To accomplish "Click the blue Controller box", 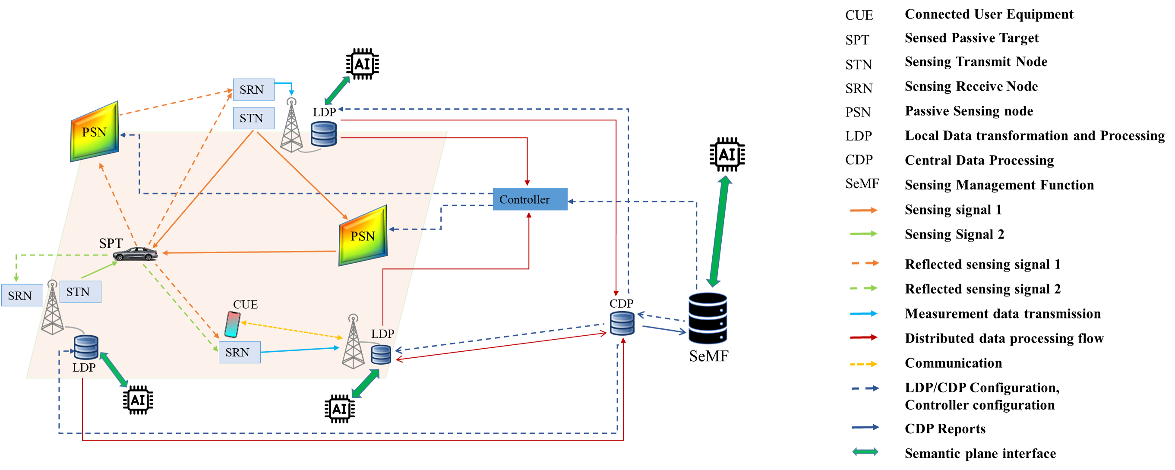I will pos(530,199).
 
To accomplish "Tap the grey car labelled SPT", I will pos(136,253).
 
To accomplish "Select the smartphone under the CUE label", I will pos(232,324).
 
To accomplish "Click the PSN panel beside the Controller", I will pos(363,236).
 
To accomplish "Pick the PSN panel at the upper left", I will pos(95,132).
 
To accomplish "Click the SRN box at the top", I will pos(253,89).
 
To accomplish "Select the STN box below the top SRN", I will pos(253,118).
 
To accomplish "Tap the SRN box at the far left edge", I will pos(22,295).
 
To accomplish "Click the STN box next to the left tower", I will pos(80,292).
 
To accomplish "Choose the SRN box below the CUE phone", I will pos(240,352).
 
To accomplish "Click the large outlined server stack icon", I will pos(708,318).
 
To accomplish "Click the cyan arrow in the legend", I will pos(863,314).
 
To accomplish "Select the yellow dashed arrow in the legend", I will pos(863,364).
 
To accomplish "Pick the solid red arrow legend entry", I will pos(863,338).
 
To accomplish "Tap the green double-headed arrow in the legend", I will pos(865,451).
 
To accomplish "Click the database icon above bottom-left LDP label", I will pos(86,347).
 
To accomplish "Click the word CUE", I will pos(245,304).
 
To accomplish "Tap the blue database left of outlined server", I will pos(622,323).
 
